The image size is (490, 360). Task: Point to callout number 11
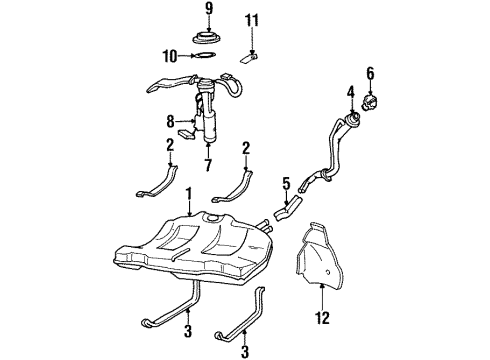(x=252, y=19)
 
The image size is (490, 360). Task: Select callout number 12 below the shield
(x=322, y=319)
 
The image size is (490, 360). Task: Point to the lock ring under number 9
(x=209, y=39)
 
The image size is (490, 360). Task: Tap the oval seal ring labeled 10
(x=204, y=57)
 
